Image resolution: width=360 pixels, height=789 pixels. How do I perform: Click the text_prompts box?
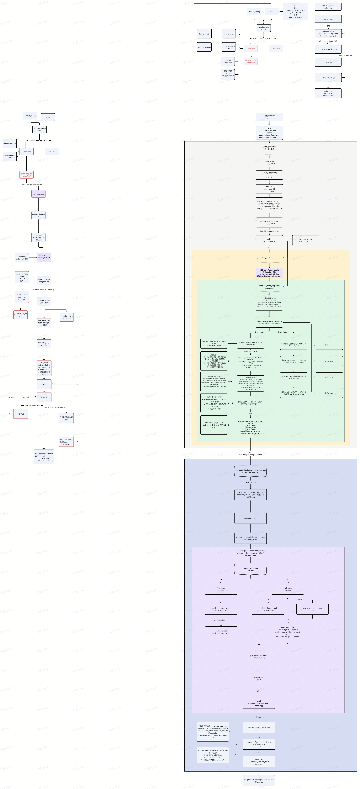(x=204, y=34)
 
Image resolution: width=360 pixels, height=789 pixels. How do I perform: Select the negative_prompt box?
(x=204, y=47)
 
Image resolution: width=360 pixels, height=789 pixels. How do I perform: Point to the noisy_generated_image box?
(x=328, y=49)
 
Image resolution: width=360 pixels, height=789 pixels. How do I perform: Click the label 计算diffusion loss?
(x=346, y=56)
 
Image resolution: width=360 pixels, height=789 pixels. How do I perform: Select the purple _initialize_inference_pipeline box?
(x=269, y=273)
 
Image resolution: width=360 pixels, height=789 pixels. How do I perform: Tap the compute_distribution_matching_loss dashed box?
(x=250, y=471)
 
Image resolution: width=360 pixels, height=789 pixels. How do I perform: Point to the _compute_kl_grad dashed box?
(x=250, y=569)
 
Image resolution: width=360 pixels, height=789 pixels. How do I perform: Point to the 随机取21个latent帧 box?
(x=38, y=215)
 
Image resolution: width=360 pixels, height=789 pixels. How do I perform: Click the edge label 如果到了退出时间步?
(x=55, y=408)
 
